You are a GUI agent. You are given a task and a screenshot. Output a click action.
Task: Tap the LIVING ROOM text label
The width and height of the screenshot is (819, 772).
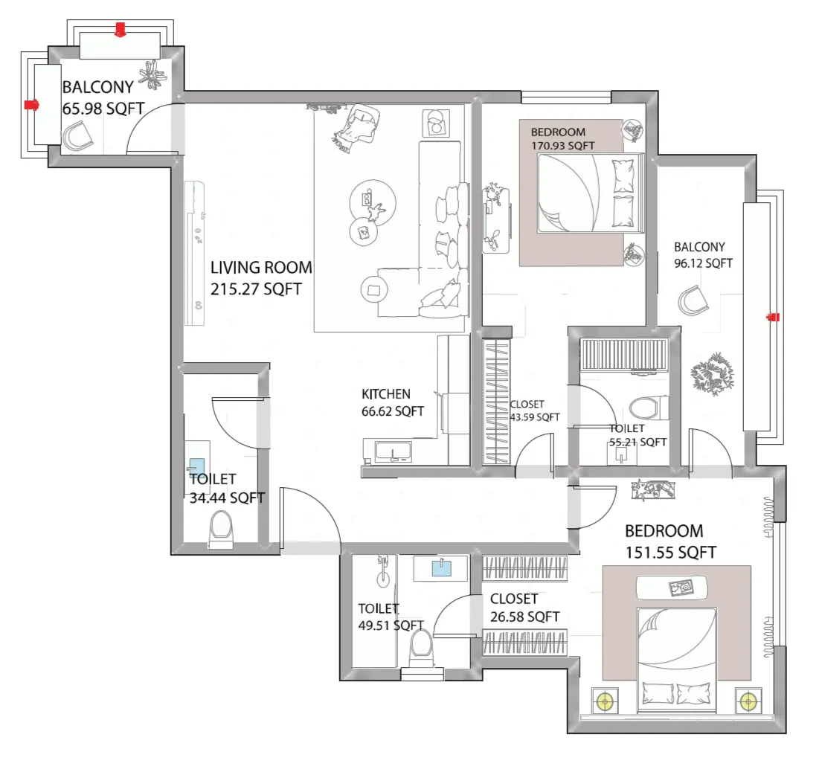tap(261, 268)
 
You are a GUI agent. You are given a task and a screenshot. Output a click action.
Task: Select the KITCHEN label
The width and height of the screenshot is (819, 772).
tap(385, 394)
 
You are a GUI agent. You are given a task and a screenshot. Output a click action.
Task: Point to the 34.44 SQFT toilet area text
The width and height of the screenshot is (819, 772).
tap(227, 498)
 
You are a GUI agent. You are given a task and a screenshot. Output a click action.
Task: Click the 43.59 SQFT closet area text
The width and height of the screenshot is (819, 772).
tap(534, 418)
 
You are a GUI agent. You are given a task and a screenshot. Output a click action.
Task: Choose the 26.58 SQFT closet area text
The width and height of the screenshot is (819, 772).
tap(524, 617)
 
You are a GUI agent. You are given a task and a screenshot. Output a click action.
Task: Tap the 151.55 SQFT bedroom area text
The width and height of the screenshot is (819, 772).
tap(670, 553)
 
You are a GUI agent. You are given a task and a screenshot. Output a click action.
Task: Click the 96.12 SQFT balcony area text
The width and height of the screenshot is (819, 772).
tap(703, 263)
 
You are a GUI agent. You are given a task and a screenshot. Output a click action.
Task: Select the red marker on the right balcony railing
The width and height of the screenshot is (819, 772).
tap(773, 318)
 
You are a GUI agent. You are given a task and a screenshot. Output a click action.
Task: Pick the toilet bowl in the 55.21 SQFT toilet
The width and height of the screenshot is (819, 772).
tap(643, 408)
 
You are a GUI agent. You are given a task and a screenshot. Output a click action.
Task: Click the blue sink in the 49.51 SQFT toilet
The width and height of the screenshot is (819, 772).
tap(441, 568)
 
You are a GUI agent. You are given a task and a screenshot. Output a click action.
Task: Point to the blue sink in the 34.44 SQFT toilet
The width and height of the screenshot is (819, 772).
tap(196, 466)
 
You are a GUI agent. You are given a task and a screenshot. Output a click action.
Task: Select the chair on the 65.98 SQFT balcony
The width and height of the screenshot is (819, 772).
tap(77, 137)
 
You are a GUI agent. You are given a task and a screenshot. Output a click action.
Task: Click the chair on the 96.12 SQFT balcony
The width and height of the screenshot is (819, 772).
tap(694, 302)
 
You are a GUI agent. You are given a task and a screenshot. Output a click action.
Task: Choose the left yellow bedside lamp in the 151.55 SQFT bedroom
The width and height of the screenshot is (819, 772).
tap(606, 701)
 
